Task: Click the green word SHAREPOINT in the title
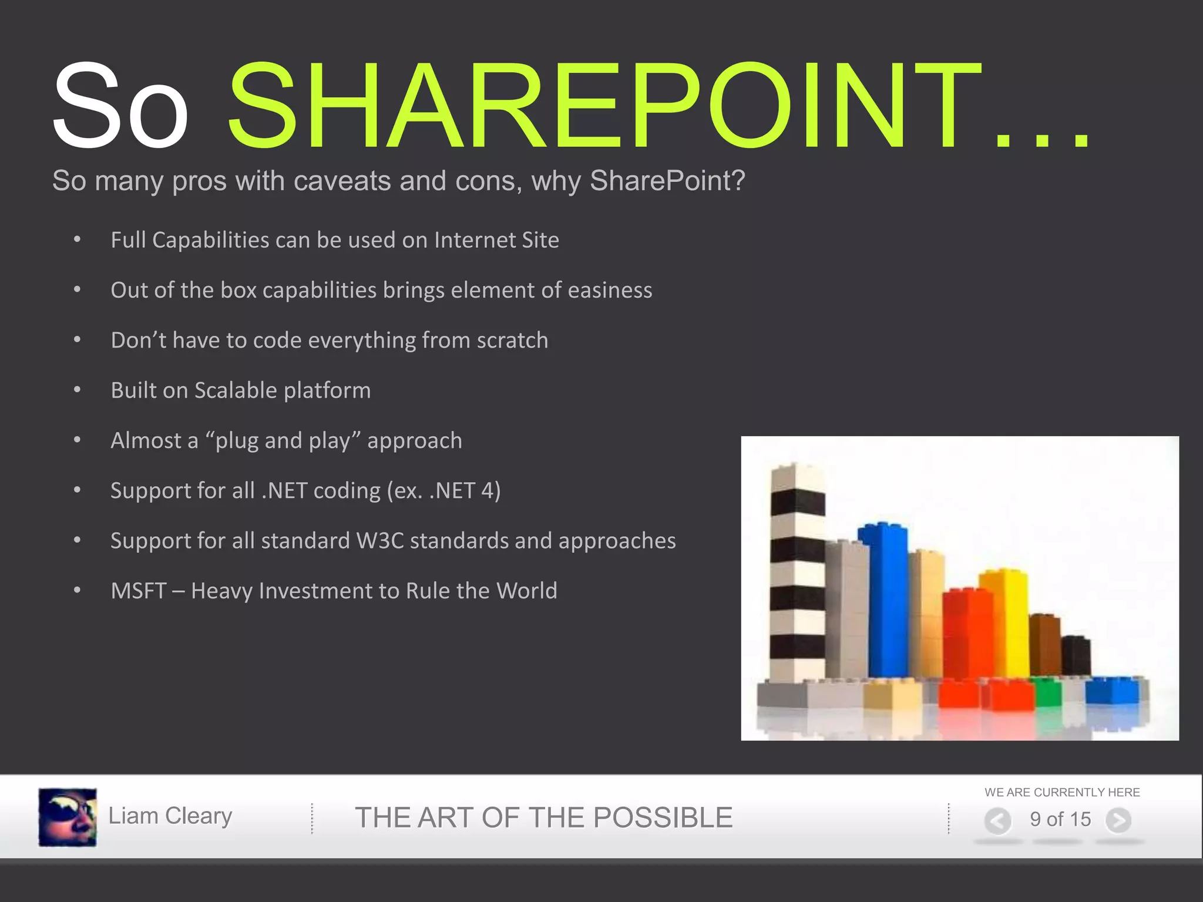point(605,106)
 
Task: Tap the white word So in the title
point(120,106)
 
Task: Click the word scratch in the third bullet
point(512,341)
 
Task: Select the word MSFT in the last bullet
point(139,591)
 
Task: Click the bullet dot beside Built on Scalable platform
point(77,390)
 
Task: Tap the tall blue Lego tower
point(882,599)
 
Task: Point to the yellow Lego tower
point(1006,622)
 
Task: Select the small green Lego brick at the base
point(1048,693)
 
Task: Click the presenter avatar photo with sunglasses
point(68,817)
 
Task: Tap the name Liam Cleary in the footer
point(170,816)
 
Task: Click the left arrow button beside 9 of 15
point(997,820)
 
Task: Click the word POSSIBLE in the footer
point(664,817)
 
